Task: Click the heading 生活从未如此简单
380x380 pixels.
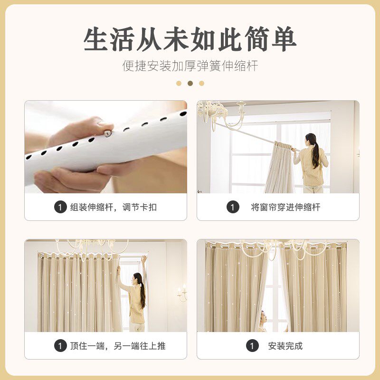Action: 190,39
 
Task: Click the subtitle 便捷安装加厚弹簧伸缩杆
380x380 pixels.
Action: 190,66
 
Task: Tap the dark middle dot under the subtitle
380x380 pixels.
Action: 190,84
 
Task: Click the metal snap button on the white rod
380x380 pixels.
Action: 107,133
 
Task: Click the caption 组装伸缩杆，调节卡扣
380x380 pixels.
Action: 114,208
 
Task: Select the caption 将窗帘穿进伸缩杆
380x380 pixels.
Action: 285,207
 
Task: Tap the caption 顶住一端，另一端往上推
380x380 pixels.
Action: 118,346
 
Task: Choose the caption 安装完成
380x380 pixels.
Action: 285,346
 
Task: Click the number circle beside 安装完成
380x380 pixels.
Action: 253,346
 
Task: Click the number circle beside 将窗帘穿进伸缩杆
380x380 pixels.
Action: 233,207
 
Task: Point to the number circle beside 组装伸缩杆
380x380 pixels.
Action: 60,207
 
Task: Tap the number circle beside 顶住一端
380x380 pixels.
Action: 60,346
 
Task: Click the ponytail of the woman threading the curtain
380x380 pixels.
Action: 315,155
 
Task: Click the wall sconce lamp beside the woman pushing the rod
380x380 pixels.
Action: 182,293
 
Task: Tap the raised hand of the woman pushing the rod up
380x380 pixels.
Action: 144,260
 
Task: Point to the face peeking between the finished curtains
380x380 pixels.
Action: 264,317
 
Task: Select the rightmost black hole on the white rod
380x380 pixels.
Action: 183,113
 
